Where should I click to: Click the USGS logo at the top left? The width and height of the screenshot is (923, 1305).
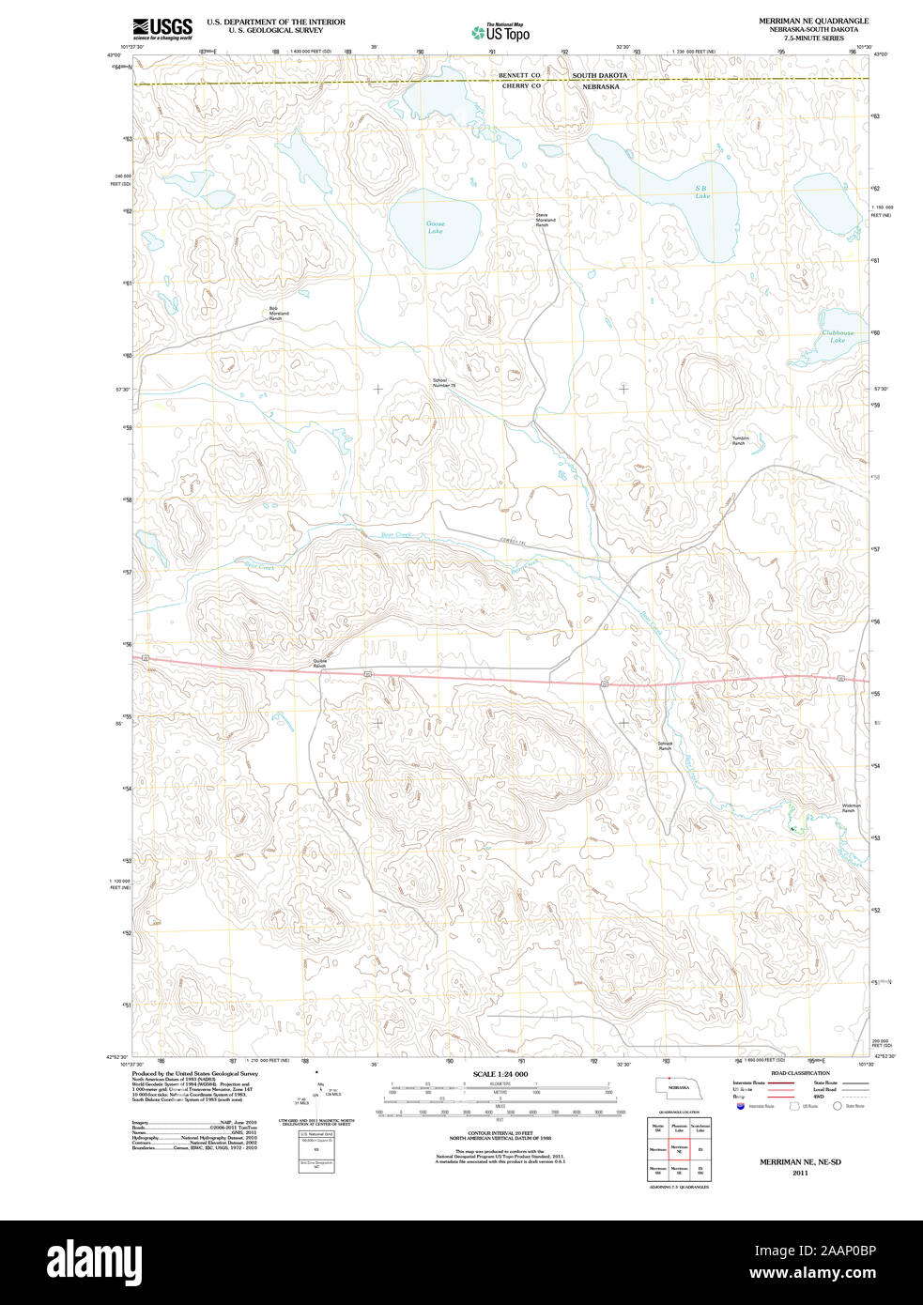(162, 28)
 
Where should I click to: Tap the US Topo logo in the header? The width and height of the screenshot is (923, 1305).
(500, 33)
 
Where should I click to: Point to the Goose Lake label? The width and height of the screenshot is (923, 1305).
(436, 227)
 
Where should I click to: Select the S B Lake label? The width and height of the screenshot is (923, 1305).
(701, 192)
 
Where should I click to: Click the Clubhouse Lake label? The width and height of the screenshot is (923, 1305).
(838, 336)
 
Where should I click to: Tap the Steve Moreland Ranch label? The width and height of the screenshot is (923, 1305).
(546, 220)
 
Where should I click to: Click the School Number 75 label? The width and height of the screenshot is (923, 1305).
(443, 383)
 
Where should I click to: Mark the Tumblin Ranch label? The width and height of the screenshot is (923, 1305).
(740, 440)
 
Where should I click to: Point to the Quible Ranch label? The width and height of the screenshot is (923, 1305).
(319, 663)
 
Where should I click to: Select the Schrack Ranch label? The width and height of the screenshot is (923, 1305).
(665, 745)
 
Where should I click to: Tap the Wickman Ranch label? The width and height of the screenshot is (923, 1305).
(851, 807)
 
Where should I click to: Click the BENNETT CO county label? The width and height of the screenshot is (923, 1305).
(519, 75)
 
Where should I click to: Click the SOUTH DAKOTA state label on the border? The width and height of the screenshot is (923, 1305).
(600, 75)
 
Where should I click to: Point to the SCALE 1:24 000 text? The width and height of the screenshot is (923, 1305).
(500, 1074)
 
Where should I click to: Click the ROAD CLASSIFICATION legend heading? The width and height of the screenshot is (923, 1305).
(800, 1073)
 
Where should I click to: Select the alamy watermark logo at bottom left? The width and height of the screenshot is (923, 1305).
(90, 1261)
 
